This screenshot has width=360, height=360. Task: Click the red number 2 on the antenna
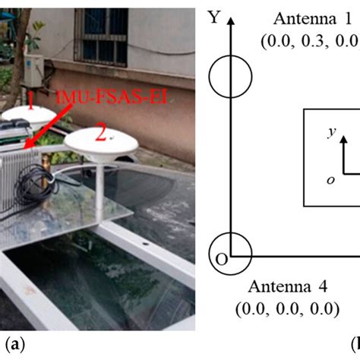pos(100,135)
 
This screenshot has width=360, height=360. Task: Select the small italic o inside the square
pos(330,180)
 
